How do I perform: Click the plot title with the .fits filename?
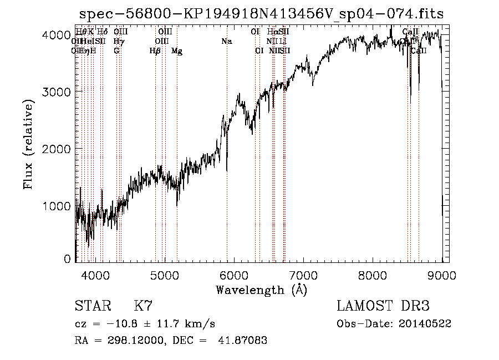(x=261, y=14)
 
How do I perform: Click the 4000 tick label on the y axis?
(x=57, y=35)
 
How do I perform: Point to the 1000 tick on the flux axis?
(x=57, y=206)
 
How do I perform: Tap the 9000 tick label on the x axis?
(x=442, y=275)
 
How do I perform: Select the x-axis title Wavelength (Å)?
(x=261, y=290)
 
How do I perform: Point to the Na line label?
(x=227, y=42)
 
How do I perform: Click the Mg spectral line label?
(x=177, y=51)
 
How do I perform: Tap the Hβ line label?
(x=155, y=51)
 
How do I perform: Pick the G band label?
(x=116, y=51)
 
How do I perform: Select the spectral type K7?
(x=143, y=306)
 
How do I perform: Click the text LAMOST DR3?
(x=383, y=306)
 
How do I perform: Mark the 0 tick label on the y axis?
(x=68, y=259)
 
